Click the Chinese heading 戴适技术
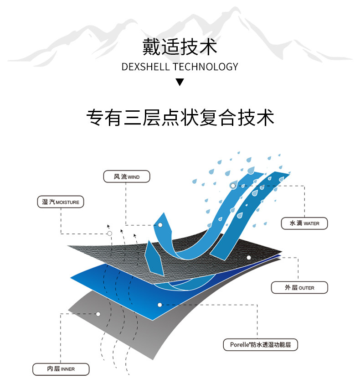point(180,47)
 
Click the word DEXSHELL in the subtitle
point(146,67)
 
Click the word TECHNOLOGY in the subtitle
point(206,67)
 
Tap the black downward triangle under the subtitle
point(180,83)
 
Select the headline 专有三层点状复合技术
point(180,118)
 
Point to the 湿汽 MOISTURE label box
point(60,202)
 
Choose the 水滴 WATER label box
point(304,223)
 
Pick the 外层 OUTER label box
point(299,288)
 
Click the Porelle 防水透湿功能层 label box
point(260,344)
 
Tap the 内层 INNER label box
point(61,368)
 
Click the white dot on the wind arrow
point(160,225)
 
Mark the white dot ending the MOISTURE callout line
point(110,234)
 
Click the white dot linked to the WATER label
point(233,186)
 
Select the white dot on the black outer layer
point(249,258)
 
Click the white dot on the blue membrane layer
point(159,304)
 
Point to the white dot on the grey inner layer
point(98,314)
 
